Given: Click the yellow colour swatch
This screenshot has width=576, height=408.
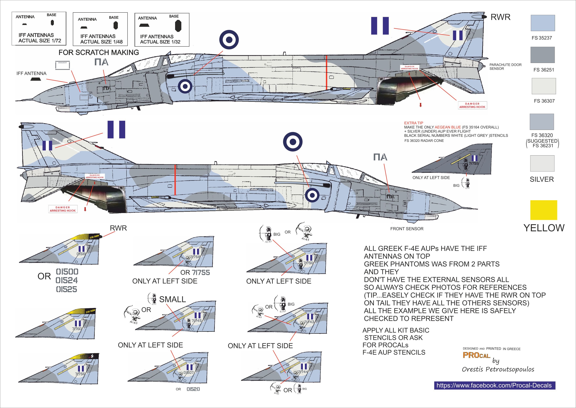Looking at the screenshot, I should pyautogui.click(x=543, y=210).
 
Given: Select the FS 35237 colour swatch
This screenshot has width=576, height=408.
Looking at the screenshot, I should pyautogui.click(x=543, y=23).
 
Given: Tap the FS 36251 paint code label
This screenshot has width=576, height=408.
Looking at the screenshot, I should pyautogui.click(x=544, y=70).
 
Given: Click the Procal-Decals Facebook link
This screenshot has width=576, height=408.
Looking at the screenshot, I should pyautogui.click(x=494, y=385).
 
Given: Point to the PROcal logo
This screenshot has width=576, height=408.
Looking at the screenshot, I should pyautogui.click(x=476, y=355).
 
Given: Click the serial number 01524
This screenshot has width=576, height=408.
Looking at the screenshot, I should pyautogui.click(x=67, y=280).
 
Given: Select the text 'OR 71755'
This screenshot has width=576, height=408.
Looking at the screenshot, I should pyautogui.click(x=195, y=272).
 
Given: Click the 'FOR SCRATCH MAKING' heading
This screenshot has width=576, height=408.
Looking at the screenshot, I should pyautogui.click(x=99, y=52).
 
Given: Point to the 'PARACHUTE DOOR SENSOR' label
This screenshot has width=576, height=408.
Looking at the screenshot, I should pyautogui.click(x=505, y=67).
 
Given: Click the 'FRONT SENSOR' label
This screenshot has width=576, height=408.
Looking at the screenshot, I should pyautogui.click(x=407, y=229).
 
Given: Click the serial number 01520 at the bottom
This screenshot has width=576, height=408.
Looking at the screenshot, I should pyautogui.click(x=193, y=389).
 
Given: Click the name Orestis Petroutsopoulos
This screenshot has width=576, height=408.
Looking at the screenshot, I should pyautogui.click(x=498, y=369).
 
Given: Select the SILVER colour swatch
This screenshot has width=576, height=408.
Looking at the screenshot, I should pyautogui.click(x=542, y=163).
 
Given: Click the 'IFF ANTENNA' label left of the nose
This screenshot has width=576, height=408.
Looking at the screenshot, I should pyautogui.click(x=31, y=73).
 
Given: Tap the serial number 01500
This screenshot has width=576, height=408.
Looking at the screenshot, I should pyautogui.click(x=67, y=272).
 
